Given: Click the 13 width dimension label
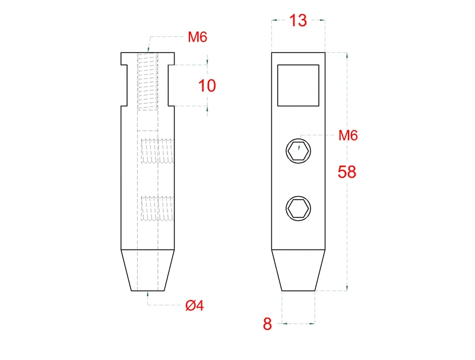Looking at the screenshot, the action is [x=298, y=21].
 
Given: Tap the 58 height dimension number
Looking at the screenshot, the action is [x=347, y=172].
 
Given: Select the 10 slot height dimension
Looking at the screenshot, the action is [x=207, y=86].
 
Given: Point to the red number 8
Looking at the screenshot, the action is [x=267, y=324].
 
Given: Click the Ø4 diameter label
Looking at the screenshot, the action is [x=195, y=305].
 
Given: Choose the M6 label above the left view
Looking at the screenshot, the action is [x=198, y=37].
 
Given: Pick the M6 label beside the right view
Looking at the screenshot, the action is [x=348, y=135].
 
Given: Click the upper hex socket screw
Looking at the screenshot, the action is [x=299, y=151].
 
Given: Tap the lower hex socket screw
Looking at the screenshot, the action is [x=299, y=208].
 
